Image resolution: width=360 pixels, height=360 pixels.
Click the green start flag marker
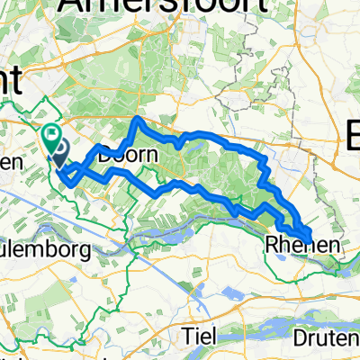point(51,138)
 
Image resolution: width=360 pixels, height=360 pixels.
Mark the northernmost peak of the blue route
point(137,118)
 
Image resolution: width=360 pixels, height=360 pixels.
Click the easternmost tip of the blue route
point(312,237)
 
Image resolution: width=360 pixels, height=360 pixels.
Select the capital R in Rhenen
point(272,245)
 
